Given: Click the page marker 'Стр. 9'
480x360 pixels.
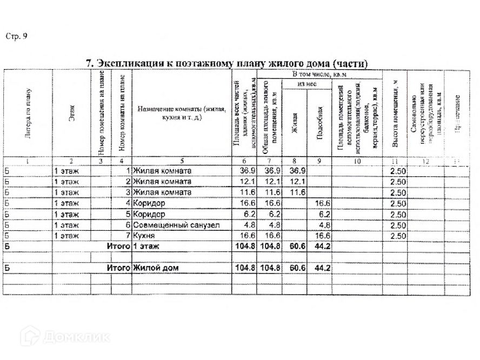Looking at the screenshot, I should click(x=16, y=36).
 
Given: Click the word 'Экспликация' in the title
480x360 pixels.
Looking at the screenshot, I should click(x=130, y=64).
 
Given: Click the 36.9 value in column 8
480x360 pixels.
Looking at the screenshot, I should click(x=296, y=171).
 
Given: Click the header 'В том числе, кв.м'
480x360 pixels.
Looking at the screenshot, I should click(x=319, y=74).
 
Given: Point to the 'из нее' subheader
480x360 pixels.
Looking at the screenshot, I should click(x=306, y=84).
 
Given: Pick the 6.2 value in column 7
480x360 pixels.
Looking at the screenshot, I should click(x=270, y=214).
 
